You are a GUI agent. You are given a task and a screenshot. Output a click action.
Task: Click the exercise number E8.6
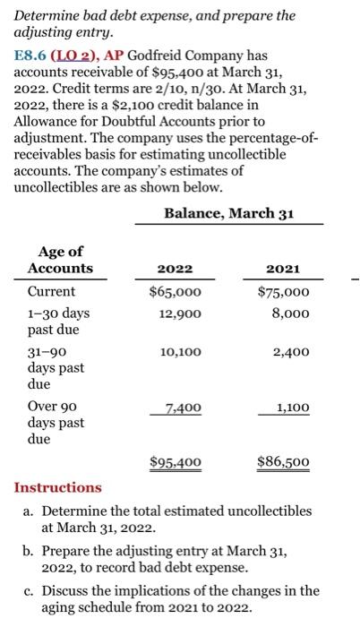click(33, 53)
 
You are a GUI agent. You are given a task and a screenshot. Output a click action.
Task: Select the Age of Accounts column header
click(60, 260)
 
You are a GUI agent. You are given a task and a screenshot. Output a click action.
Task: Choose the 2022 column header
click(175, 269)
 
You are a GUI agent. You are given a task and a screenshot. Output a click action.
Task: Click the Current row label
click(52, 292)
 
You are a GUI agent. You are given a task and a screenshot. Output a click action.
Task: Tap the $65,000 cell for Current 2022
click(175, 292)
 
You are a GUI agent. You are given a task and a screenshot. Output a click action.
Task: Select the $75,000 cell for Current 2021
click(284, 292)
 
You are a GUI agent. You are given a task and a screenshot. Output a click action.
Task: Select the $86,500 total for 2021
click(284, 462)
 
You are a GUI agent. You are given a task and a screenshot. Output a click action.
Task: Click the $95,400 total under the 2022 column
click(175, 462)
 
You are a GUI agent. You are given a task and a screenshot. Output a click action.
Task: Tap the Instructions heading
click(58, 487)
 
